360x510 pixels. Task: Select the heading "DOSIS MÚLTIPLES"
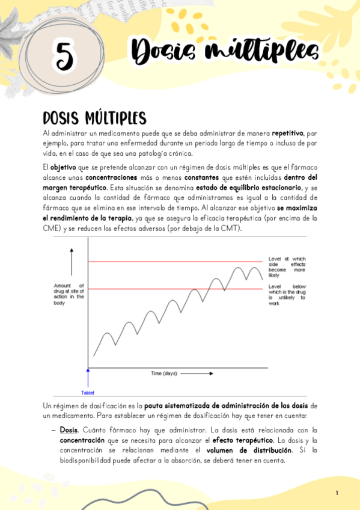pos(94,116)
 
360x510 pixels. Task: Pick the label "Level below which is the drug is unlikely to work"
pos(287,295)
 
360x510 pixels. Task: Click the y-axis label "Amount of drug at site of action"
pos(69,294)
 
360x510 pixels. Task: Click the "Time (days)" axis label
pos(164,373)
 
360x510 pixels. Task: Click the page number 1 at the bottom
pos(337,493)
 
